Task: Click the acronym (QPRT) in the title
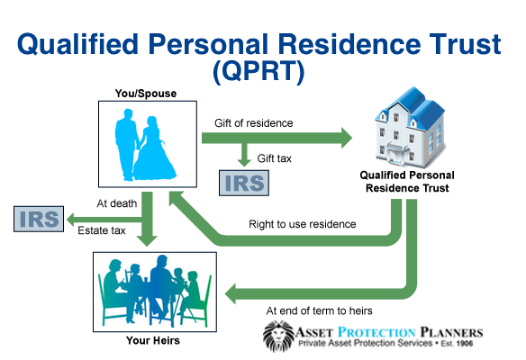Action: click(x=262, y=68)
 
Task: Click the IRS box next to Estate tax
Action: click(x=38, y=219)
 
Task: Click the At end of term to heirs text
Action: click(x=319, y=310)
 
